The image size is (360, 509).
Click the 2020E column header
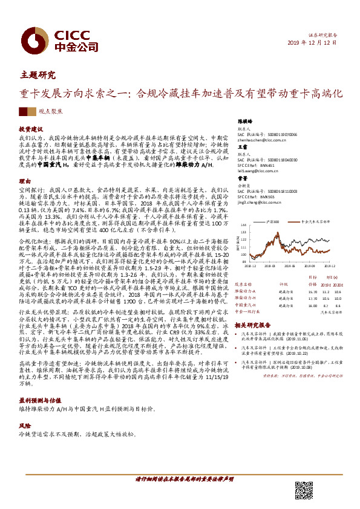point(339,283)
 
